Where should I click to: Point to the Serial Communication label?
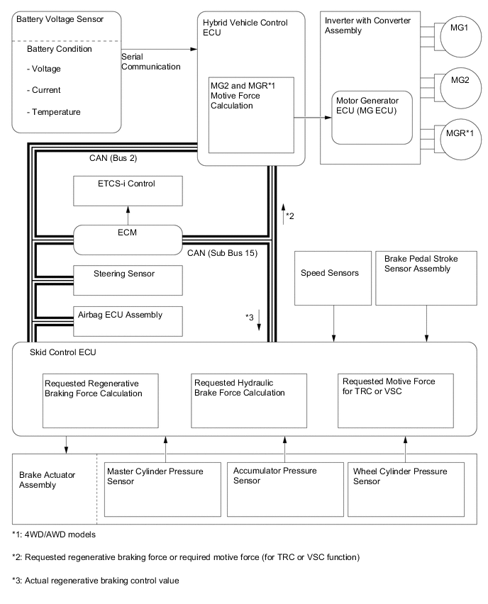(150, 61)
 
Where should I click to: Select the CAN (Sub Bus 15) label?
(224, 252)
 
